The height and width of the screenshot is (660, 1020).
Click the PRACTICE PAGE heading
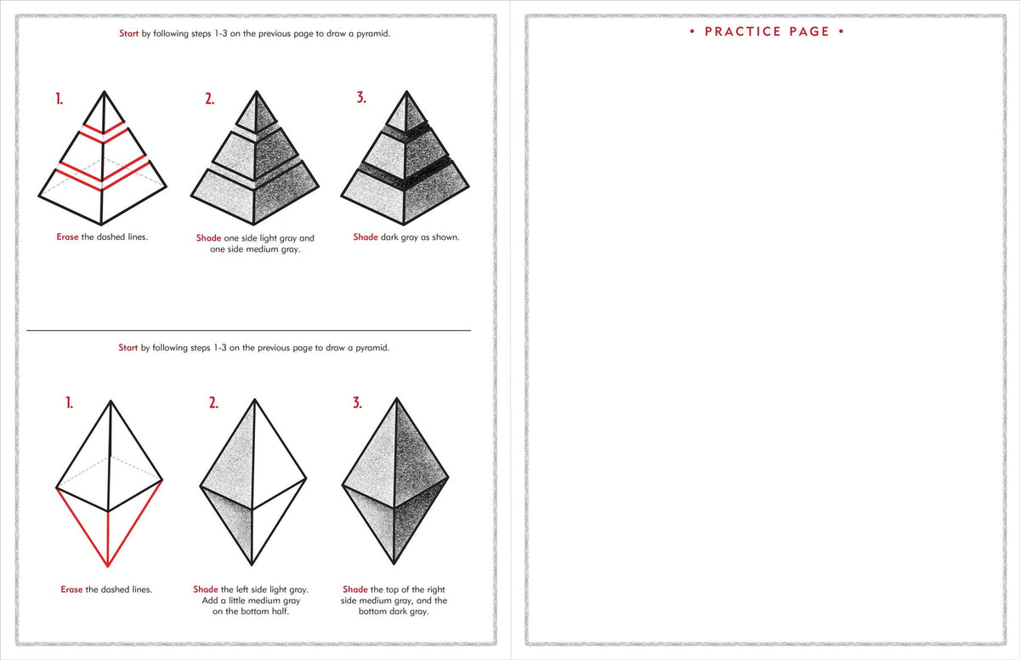tap(767, 31)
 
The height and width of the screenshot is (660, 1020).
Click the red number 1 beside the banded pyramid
tap(59, 99)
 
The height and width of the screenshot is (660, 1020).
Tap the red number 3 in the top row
tap(361, 98)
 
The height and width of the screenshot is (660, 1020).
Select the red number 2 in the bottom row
tap(213, 403)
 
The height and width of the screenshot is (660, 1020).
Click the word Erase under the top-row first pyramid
tap(68, 236)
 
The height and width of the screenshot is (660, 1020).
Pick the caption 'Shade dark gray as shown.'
tap(406, 237)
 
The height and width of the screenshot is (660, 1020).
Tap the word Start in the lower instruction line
tap(127, 348)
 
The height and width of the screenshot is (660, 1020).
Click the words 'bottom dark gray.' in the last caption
tap(394, 612)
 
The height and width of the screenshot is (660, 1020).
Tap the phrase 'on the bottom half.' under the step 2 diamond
tap(251, 612)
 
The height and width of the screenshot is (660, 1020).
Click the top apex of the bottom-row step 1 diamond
tap(109, 400)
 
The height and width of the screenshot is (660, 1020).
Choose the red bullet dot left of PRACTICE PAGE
tap(693, 32)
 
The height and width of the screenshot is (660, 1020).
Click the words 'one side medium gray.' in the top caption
tap(255, 250)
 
